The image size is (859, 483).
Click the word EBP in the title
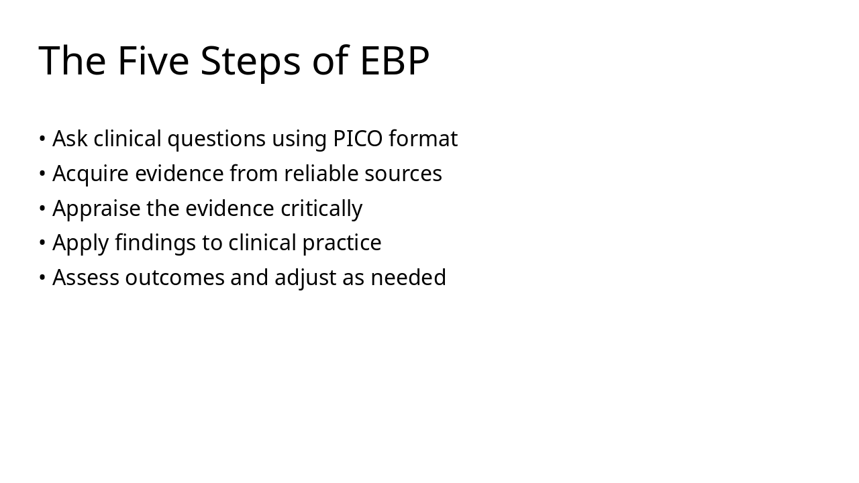click(395, 60)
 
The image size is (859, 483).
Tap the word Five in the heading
click(154, 60)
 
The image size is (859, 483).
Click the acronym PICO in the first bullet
click(358, 138)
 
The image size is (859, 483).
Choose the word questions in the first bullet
click(217, 140)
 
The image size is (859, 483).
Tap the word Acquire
click(91, 174)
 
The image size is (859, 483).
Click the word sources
click(403, 174)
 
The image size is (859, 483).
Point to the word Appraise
click(97, 209)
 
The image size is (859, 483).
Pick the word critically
click(321, 209)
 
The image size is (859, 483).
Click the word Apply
click(81, 244)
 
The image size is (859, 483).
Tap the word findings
click(155, 244)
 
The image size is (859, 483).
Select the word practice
click(342, 244)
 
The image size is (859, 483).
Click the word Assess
click(86, 277)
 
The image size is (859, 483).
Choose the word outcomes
click(175, 278)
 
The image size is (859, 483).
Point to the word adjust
click(305, 278)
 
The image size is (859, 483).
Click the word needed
click(409, 277)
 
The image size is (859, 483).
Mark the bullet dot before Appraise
click(42, 208)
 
